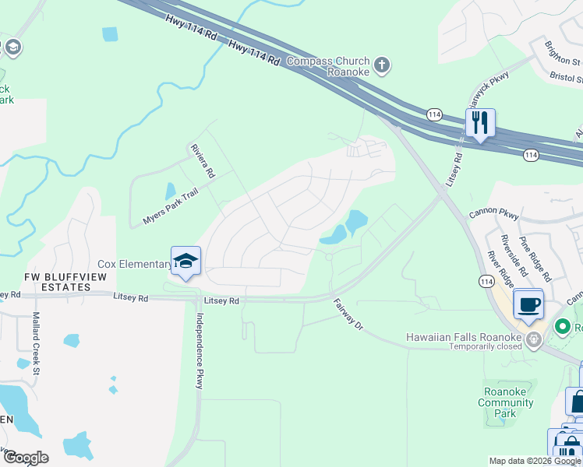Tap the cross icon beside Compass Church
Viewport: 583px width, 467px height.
click(x=382, y=65)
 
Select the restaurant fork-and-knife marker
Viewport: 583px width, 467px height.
click(x=480, y=124)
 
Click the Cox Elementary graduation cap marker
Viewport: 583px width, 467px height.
click(x=186, y=262)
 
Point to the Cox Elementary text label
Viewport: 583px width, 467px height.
click(x=134, y=265)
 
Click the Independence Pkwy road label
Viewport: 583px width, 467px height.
click(x=200, y=350)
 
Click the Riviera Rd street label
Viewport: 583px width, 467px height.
click(x=202, y=160)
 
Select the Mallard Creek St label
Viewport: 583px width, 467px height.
click(x=36, y=341)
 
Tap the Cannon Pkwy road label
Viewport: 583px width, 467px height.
click(x=493, y=212)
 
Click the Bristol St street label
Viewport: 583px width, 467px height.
click(x=567, y=78)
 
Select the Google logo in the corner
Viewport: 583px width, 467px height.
click(x=25, y=458)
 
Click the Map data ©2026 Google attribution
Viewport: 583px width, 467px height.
click(x=535, y=461)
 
